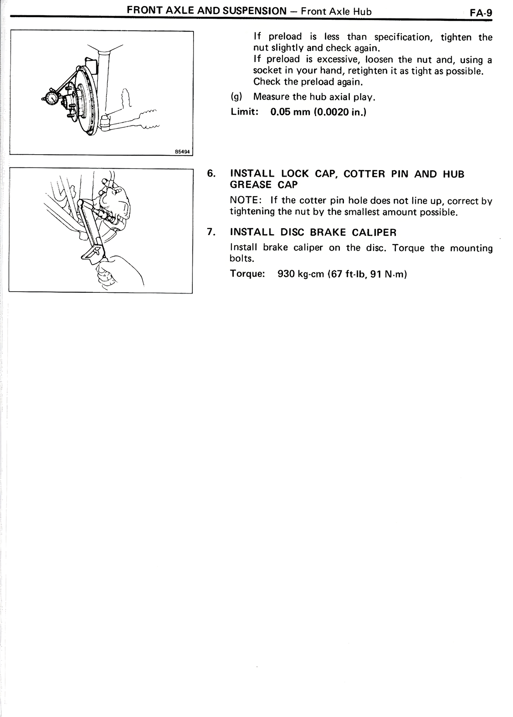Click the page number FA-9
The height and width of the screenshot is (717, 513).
(481, 12)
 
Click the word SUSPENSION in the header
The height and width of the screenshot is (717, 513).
(254, 11)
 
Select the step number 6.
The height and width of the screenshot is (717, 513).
(211, 173)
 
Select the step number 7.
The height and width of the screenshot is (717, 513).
(211, 232)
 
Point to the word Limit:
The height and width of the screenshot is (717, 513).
(244, 112)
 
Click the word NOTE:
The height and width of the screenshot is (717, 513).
(246, 200)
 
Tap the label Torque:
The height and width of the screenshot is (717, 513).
(248, 274)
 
